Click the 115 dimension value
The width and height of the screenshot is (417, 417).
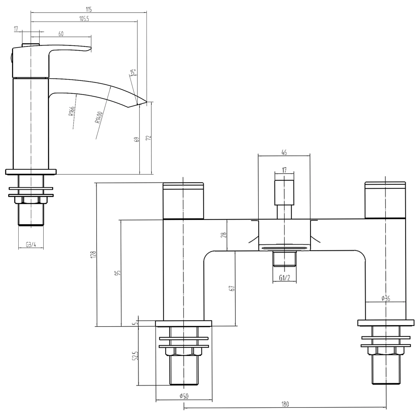tap(88, 9)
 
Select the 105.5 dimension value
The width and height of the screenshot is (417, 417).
tap(84, 19)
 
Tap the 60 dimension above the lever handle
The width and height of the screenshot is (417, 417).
tap(61, 34)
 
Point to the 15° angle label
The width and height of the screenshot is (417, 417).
tap(133, 72)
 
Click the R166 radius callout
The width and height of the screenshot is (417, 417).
tap(71, 111)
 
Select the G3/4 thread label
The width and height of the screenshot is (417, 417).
tap(31, 245)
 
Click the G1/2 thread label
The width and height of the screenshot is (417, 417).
tap(284, 278)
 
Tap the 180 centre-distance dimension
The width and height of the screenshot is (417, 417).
tap(285, 404)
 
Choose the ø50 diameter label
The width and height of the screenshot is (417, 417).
tap(184, 396)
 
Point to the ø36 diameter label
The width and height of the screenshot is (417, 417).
tap(386, 298)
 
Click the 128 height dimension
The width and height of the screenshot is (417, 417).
tap(93, 254)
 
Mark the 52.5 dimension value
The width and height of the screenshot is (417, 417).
tap(135, 356)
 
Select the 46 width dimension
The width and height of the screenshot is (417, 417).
tap(284, 152)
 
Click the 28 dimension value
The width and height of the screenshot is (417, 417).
tap(224, 235)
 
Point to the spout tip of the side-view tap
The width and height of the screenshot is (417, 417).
tap(146, 102)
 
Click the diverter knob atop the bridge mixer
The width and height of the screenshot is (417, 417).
tap(284, 192)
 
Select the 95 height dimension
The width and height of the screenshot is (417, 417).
tap(119, 272)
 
